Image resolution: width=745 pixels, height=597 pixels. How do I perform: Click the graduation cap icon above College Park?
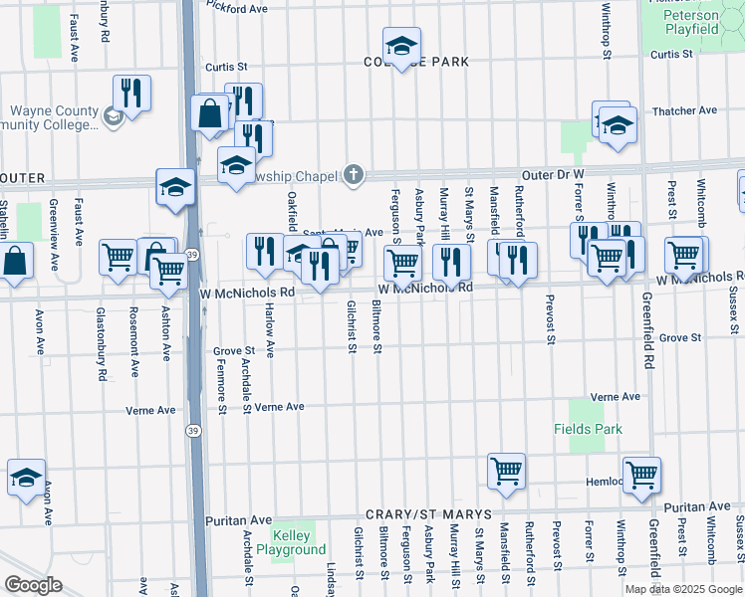(402, 46)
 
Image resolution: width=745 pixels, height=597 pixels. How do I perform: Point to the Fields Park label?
(588, 429)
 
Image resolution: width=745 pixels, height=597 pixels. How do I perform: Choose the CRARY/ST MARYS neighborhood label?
(428, 514)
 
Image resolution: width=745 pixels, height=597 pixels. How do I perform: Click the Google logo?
(33, 585)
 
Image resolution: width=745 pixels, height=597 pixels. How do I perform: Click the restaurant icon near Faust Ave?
(131, 94)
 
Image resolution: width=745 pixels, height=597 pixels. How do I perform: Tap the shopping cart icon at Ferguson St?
(402, 263)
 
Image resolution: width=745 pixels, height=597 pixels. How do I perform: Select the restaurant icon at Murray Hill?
(451, 262)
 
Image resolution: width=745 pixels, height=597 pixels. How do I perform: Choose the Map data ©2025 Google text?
(683, 588)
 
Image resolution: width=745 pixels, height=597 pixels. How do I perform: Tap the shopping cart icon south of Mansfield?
(506, 471)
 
